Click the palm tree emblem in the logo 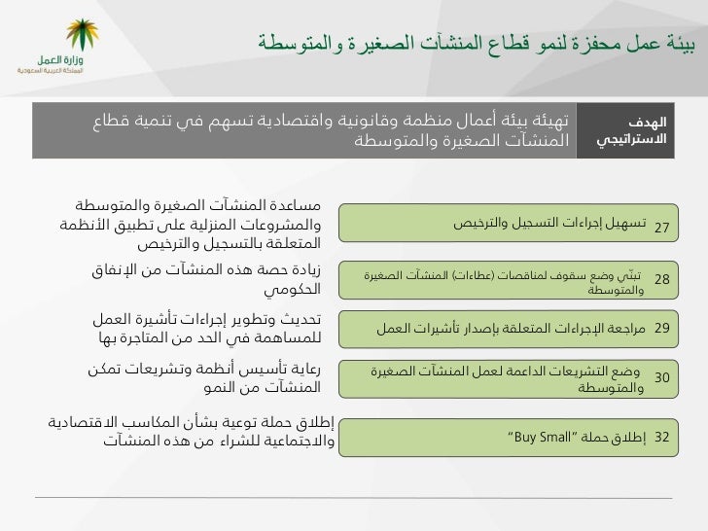click(x=82, y=34)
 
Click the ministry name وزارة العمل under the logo click(x=60, y=59)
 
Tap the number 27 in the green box click(x=662, y=228)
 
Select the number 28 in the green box click(x=662, y=279)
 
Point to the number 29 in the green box click(x=662, y=328)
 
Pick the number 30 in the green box click(x=662, y=377)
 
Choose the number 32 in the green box click(x=662, y=437)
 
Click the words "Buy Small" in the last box click(x=540, y=437)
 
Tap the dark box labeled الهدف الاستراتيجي click(x=625, y=130)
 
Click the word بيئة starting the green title click(x=681, y=44)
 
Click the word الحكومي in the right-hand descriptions click(x=292, y=289)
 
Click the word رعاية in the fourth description click(x=304, y=369)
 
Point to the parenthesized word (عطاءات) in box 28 click(x=474, y=275)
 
